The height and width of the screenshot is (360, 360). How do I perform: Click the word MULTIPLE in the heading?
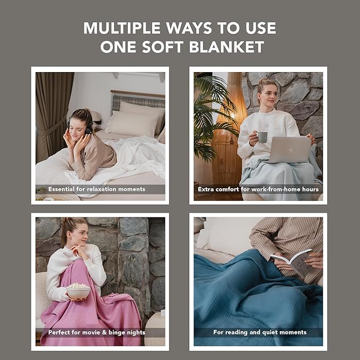[x=122, y=28]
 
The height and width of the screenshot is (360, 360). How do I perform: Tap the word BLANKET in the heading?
[x=226, y=47]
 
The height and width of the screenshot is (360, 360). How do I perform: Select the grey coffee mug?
[x=262, y=137]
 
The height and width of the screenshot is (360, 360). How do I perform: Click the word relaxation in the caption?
[x=101, y=189]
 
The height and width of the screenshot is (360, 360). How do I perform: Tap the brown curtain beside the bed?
[x=51, y=115]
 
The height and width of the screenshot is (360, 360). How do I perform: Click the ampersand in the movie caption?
[x=104, y=332]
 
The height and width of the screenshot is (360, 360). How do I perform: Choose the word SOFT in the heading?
[x=163, y=47]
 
